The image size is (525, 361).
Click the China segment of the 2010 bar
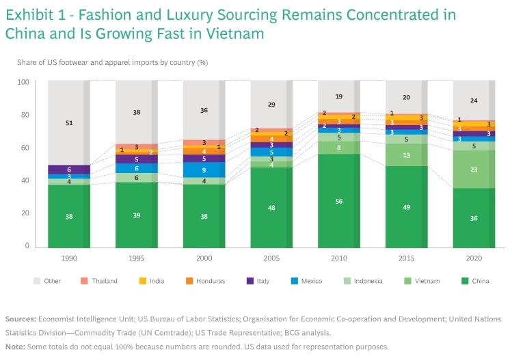coord(339,201)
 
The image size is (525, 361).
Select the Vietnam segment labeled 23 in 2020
coord(474,169)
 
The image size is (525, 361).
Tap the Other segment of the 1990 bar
coord(68,123)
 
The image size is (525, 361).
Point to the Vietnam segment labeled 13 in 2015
coord(407,155)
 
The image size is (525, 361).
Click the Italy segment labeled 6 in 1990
coord(68,170)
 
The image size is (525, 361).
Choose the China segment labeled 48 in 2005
coord(271,208)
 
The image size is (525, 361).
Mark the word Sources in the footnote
coord(21,319)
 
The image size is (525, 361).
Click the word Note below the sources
coord(15,347)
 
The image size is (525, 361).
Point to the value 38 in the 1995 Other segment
coord(136,112)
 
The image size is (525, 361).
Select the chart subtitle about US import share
coord(112,62)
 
